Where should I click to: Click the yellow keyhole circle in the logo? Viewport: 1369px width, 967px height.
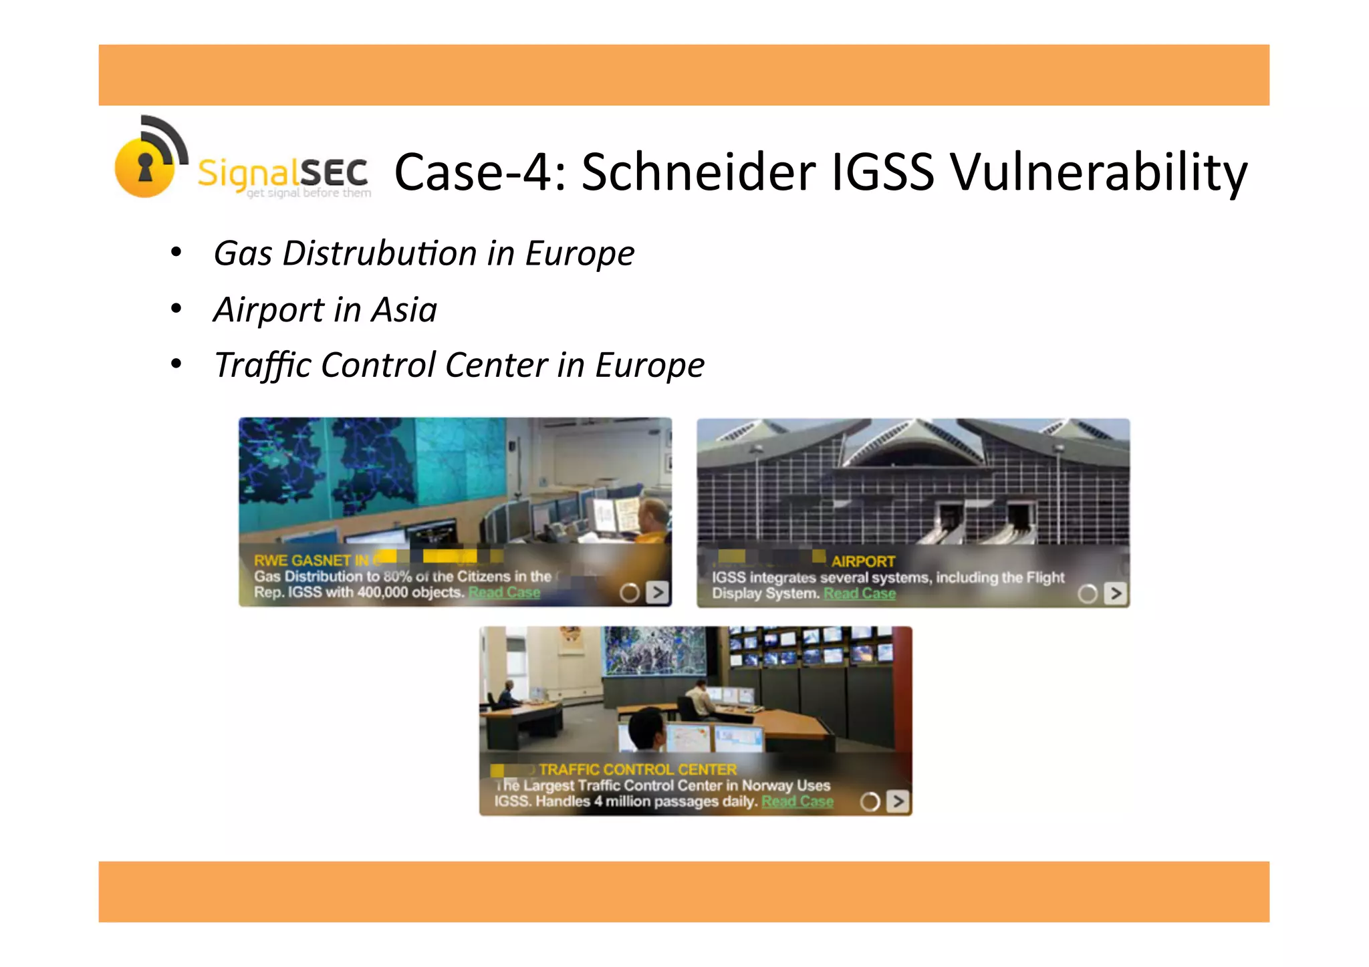pyautogui.click(x=144, y=167)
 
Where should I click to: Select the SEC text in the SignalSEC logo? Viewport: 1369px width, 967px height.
pyautogui.click(x=333, y=174)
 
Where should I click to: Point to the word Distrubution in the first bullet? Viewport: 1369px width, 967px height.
pyautogui.click(x=379, y=254)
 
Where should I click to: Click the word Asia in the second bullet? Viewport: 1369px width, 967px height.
pyautogui.click(x=404, y=310)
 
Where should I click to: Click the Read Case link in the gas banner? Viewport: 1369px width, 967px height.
pyautogui.click(x=504, y=593)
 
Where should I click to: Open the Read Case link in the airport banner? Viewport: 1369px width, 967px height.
pyautogui.click(x=859, y=593)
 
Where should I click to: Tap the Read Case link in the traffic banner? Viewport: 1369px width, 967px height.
pyautogui.click(x=797, y=801)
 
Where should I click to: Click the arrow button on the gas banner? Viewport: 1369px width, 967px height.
pyautogui.click(x=658, y=592)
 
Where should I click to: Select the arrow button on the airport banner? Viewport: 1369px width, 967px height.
pyautogui.click(x=1115, y=593)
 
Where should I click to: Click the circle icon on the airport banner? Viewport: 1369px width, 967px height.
pyautogui.click(x=1087, y=593)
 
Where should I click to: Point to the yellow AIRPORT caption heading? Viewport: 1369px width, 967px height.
pyautogui.click(x=863, y=561)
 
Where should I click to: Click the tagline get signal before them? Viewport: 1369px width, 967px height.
pyautogui.click(x=308, y=194)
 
